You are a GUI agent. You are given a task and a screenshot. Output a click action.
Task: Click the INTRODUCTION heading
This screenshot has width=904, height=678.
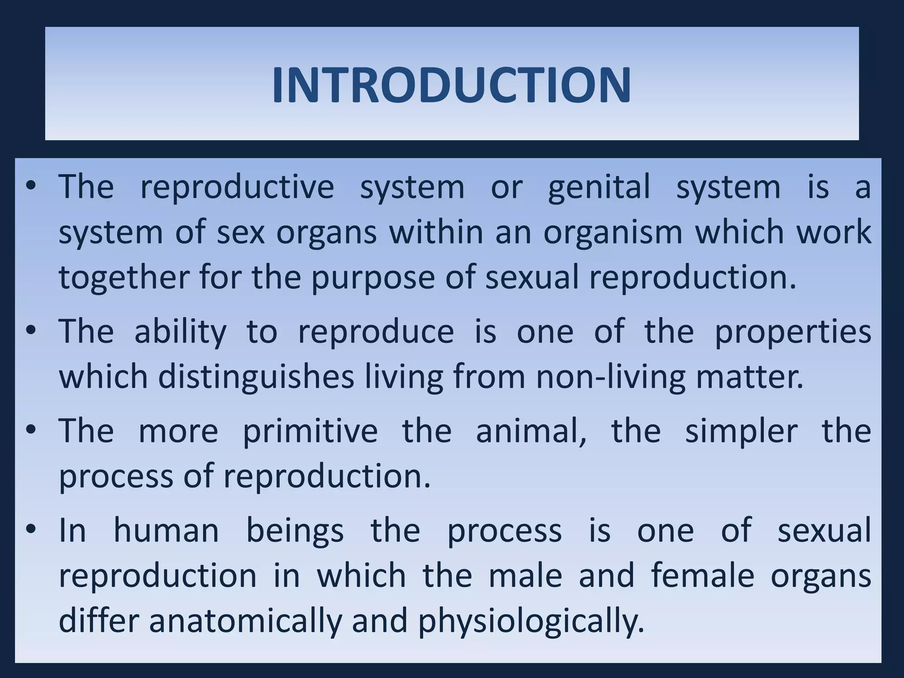(451, 85)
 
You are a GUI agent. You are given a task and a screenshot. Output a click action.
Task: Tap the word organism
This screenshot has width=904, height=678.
(612, 233)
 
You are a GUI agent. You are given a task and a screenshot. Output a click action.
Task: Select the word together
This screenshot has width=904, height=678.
(123, 278)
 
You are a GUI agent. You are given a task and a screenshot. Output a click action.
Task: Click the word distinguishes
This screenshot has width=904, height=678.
(256, 378)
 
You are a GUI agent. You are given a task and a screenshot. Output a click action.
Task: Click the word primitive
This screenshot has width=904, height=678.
(310, 432)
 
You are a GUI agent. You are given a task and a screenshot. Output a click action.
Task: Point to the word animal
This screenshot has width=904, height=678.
(531, 432)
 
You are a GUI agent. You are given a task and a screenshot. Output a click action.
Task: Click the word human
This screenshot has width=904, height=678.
(166, 531)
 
